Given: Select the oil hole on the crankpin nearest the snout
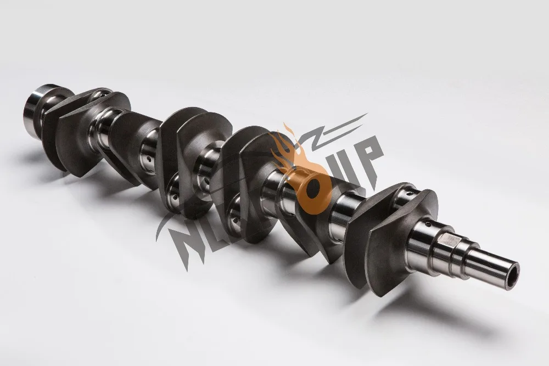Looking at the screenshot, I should click(408, 193).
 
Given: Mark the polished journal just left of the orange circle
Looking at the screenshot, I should click(272, 189).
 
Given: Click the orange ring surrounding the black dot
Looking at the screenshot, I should click(306, 200).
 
